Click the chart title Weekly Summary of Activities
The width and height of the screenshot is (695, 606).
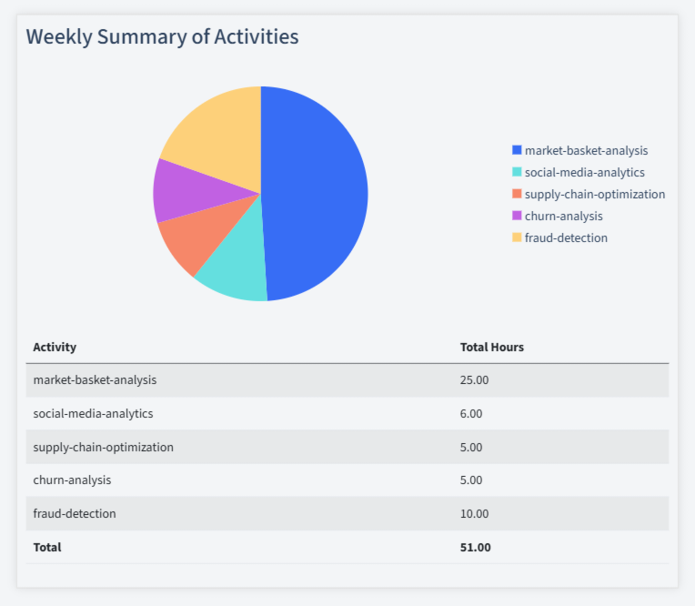click(162, 37)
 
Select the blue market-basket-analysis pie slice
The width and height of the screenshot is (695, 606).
click(318, 191)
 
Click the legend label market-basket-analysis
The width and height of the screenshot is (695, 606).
click(586, 150)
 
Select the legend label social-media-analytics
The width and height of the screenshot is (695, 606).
click(584, 172)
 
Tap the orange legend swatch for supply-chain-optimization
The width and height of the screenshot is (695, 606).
click(517, 194)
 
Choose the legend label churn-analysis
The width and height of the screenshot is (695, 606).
click(563, 216)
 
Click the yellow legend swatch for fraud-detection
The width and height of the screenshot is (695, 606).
click(517, 237)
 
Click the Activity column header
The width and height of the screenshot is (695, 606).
click(55, 347)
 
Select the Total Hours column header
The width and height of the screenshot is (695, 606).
click(491, 347)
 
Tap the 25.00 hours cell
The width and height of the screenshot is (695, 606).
click(474, 380)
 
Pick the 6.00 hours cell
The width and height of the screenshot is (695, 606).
click(471, 413)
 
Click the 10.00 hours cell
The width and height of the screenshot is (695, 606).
click(474, 513)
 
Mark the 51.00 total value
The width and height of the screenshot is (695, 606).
click(475, 547)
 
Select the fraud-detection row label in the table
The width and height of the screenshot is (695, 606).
click(75, 513)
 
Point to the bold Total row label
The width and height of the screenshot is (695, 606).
click(47, 547)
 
